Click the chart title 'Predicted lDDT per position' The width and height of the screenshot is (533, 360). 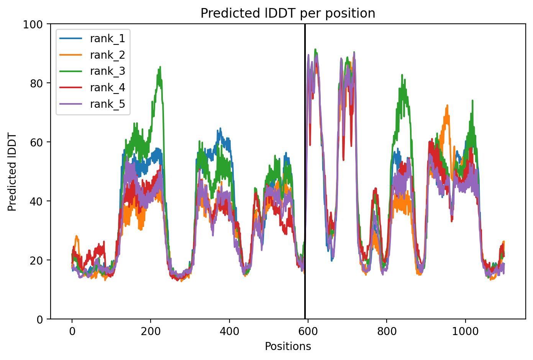288,13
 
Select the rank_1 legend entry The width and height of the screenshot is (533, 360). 92,39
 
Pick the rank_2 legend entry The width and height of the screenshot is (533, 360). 92,55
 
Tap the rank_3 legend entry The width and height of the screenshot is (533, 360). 92,71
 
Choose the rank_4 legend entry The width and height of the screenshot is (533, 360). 92,88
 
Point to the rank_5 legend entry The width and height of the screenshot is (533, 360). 92,104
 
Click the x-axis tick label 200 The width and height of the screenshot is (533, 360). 151,331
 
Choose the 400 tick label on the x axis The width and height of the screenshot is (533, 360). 230,331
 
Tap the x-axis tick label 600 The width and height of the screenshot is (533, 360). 308,331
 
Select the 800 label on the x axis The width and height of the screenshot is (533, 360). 387,331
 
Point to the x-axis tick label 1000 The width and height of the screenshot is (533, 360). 465,331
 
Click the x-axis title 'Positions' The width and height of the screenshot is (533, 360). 288,347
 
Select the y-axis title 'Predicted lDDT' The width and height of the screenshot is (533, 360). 12,172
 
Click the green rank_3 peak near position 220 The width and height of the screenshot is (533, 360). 160,67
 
